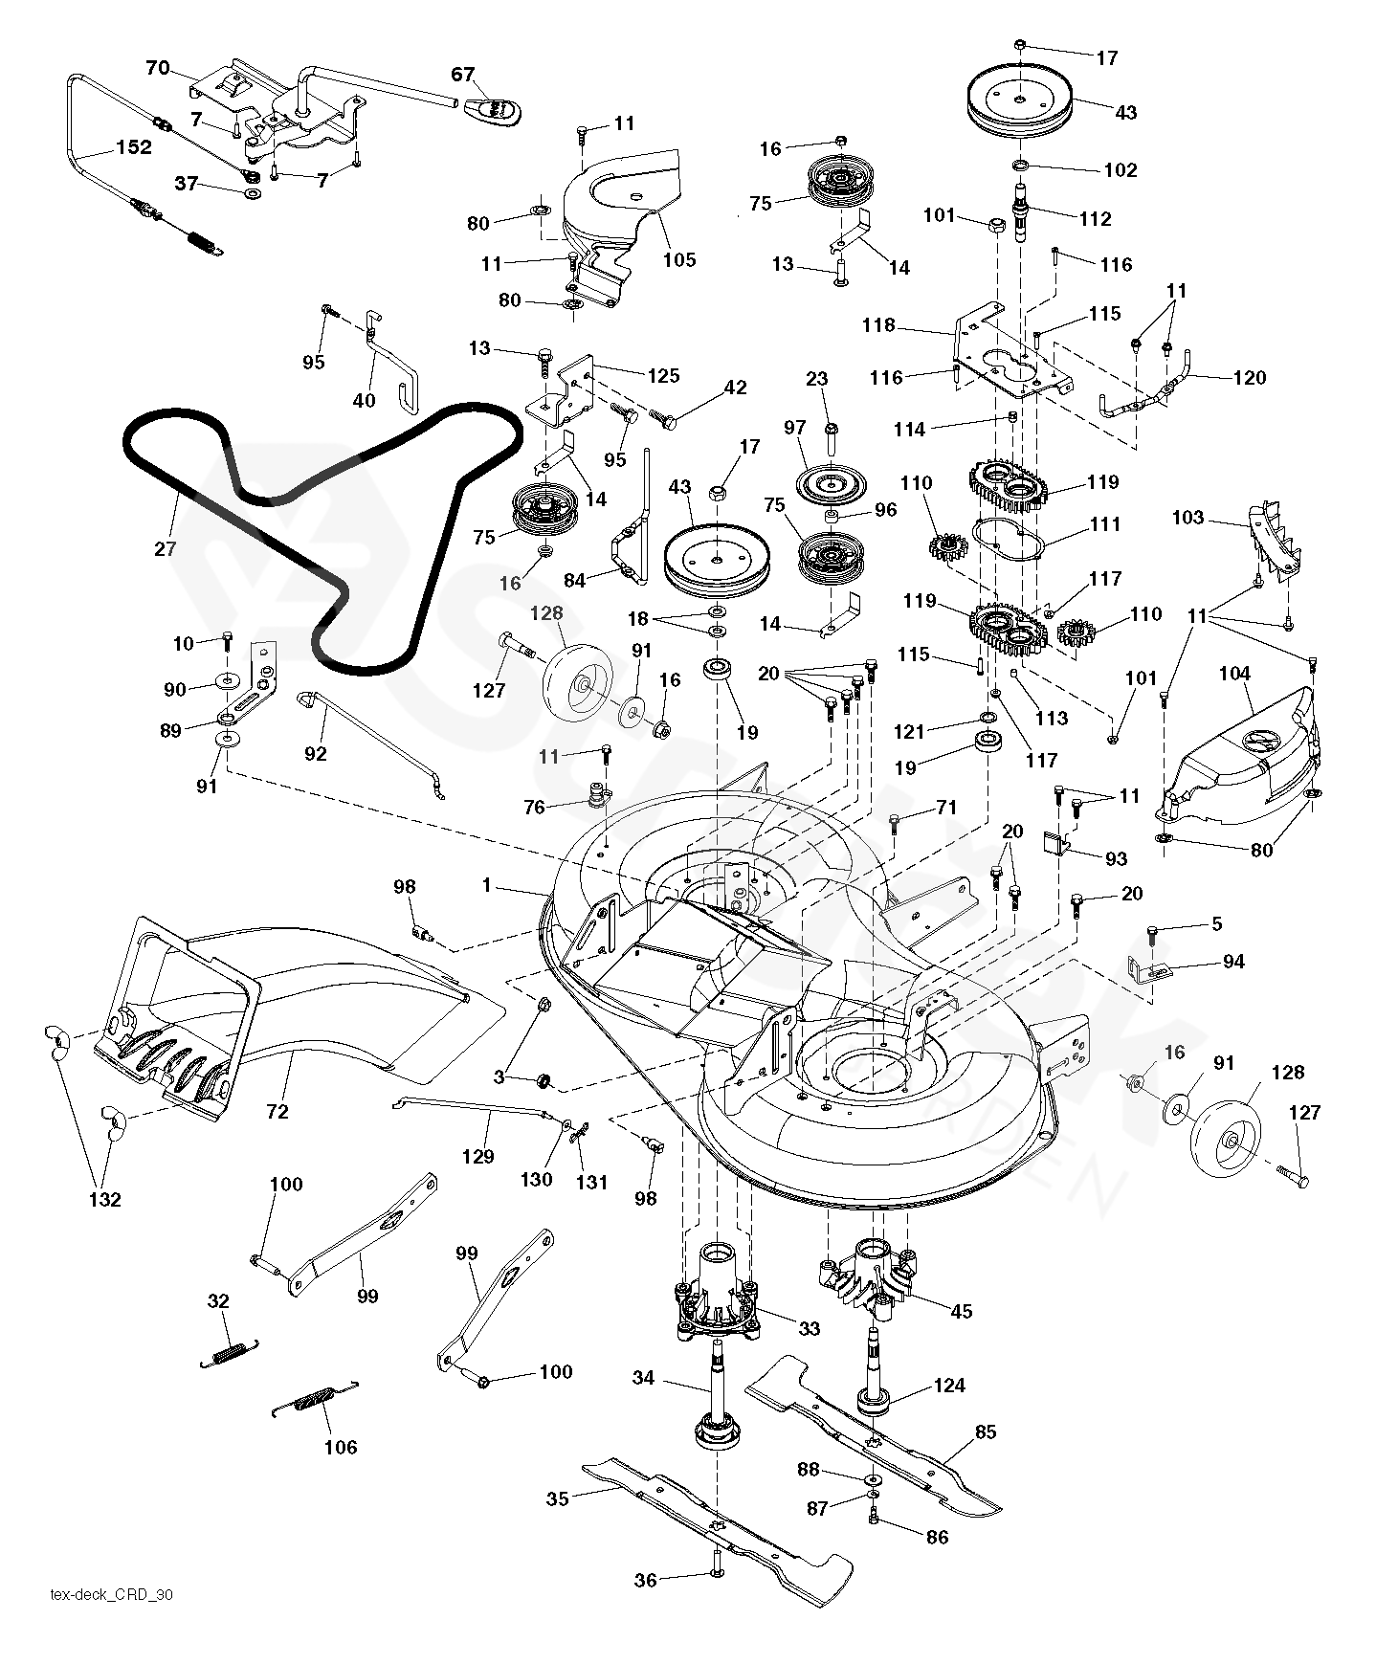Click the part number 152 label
pos(134,147)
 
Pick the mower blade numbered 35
pos(708,1521)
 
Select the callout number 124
pos(949,1385)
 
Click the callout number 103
pos(1187,518)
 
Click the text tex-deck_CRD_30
pos(112,1594)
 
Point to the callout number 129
pos(478,1156)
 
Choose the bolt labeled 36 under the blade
pos(717,1573)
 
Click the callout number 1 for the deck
pos(486,886)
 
